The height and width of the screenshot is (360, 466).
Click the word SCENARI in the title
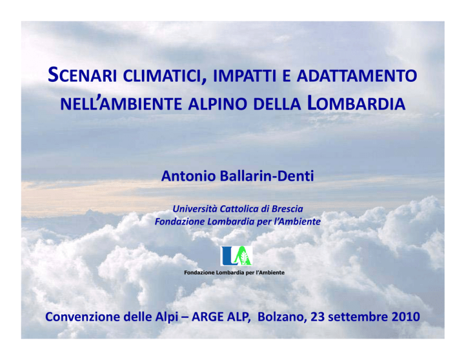coord(83,75)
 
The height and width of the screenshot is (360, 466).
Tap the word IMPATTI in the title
coord(245,76)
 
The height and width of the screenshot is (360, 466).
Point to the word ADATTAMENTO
coord(357,76)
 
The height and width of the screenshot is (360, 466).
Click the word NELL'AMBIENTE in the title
coord(121,104)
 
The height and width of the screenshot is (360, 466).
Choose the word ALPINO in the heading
coord(218,104)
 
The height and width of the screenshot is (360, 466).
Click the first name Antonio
coord(189,176)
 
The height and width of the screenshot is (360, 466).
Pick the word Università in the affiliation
coord(195,209)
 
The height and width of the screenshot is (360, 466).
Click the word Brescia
coord(288,209)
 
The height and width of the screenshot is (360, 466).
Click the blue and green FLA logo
coord(236,256)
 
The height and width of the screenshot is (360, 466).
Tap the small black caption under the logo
coord(234,273)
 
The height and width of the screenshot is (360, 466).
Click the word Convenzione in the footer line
coord(83,317)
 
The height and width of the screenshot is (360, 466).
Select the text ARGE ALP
coord(220,317)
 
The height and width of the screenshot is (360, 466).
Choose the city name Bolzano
coord(282,317)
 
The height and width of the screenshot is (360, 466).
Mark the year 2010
coord(406,317)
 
